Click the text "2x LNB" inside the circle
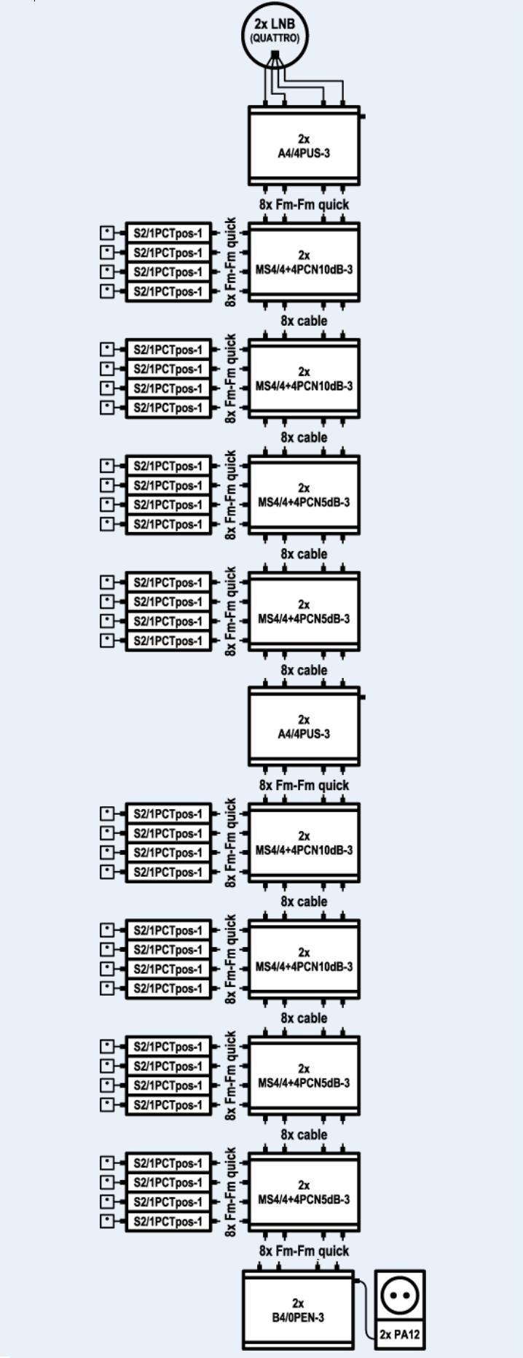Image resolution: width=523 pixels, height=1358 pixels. pos(275,24)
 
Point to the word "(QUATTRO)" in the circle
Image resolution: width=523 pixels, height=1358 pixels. pos(275,38)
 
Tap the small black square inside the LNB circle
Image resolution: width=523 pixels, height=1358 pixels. pos(275,55)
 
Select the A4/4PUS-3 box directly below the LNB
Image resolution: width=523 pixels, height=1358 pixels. pos(304,146)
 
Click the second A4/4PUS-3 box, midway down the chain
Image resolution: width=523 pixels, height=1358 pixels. pos(304,727)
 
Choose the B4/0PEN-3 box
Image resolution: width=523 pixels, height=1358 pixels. pos(298,1310)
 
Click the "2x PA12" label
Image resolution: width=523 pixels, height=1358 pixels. pos(400,1335)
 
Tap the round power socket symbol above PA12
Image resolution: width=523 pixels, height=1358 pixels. pos(400,1295)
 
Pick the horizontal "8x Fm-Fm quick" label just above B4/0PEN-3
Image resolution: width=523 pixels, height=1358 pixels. pos(304,1251)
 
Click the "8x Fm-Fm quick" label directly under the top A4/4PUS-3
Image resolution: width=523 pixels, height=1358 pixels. pos(304,205)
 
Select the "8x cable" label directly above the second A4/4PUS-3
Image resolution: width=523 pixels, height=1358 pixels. pos(304,671)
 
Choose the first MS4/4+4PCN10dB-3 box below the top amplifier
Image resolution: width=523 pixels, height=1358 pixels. pos(304,262)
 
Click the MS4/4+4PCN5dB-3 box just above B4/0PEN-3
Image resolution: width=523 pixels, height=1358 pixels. pos(304,1193)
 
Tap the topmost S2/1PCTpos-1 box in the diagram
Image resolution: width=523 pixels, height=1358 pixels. pos(168,233)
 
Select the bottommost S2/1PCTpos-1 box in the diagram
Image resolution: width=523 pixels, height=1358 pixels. pos(168,1222)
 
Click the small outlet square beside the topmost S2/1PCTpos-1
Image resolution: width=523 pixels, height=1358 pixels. pos(108,233)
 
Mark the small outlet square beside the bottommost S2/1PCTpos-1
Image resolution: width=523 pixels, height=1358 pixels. pos(108,1222)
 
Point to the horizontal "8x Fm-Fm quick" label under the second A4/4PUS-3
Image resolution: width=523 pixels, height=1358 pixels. pos(304,786)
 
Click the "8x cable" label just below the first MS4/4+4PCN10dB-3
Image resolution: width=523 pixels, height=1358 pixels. pos(304,321)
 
